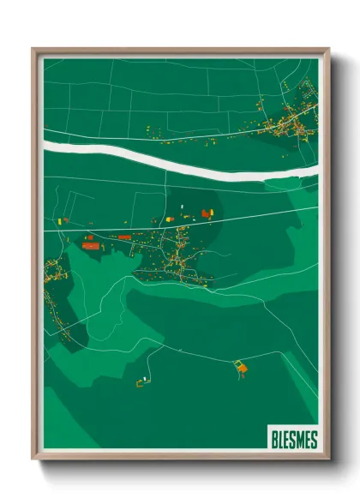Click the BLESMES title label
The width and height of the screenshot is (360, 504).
[293, 440]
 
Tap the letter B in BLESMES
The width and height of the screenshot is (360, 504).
[273, 440]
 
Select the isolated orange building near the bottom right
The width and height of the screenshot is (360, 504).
[242, 368]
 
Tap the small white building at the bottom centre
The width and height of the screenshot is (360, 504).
[147, 377]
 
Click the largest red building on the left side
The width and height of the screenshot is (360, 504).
[91, 245]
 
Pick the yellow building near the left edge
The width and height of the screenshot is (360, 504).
[61, 220]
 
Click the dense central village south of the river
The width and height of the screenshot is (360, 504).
[176, 257]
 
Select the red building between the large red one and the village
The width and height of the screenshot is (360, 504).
[124, 237]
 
